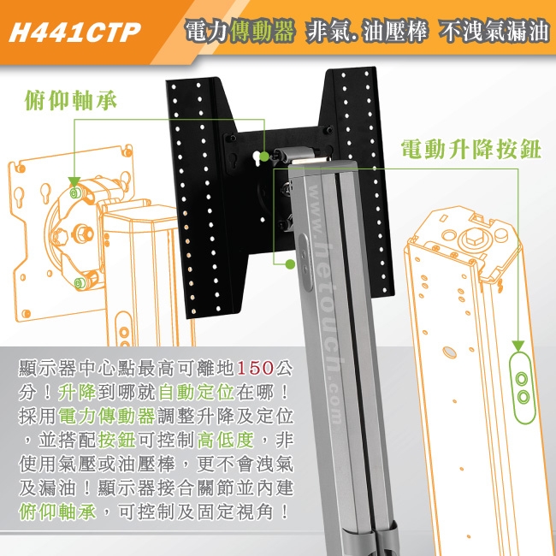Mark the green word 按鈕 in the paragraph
pyautogui.click(x=115, y=441)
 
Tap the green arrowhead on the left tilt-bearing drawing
pyautogui.click(x=74, y=182)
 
